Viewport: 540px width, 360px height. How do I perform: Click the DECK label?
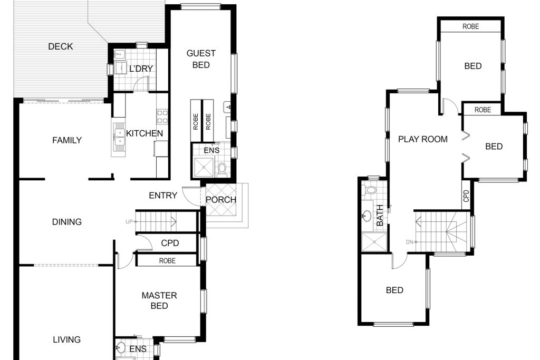click(x=61, y=46)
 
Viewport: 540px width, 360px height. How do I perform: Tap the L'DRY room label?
click(x=141, y=69)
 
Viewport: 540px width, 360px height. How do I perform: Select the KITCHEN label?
click(x=144, y=133)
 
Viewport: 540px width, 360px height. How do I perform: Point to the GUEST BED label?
click(x=201, y=59)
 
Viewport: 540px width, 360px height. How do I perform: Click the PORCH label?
click(x=221, y=200)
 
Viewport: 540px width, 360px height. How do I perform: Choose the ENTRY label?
click(x=163, y=196)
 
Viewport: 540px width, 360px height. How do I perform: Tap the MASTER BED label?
click(x=159, y=300)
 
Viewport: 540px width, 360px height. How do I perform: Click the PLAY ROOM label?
click(x=423, y=139)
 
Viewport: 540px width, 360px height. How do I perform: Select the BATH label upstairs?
click(x=380, y=216)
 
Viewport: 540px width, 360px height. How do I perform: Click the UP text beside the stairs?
click(x=129, y=222)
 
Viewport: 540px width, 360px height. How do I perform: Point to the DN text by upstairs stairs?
click(x=409, y=242)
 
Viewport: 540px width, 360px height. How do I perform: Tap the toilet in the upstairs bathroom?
click(x=371, y=190)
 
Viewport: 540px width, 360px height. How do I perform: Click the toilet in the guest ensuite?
click(x=223, y=170)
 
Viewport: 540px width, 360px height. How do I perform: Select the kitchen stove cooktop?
click(x=162, y=116)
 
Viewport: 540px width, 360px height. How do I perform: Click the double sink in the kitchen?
click(x=119, y=138)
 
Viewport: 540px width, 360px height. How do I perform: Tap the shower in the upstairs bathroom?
click(x=374, y=242)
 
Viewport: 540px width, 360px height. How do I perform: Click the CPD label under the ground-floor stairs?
click(x=170, y=244)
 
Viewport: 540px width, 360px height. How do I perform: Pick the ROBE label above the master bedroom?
click(x=167, y=261)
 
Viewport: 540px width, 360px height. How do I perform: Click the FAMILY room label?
click(x=67, y=140)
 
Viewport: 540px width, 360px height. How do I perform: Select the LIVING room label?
click(x=67, y=339)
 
